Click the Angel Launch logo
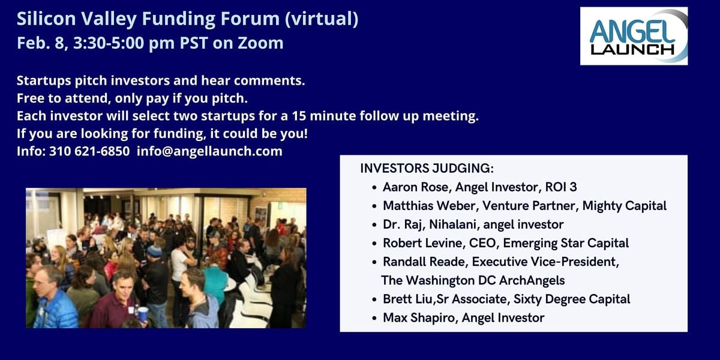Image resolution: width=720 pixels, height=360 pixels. (634, 36)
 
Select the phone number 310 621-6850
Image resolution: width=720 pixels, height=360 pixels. (89, 151)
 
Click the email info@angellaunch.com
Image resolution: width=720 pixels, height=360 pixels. (209, 151)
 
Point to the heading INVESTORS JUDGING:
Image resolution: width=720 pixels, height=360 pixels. (427, 169)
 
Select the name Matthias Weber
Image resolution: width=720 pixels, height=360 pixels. (429, 206)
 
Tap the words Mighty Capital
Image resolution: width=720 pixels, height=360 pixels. (625, 206)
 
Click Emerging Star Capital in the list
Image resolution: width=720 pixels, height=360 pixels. (566, 244)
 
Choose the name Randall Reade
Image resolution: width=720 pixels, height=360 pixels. (424, 262)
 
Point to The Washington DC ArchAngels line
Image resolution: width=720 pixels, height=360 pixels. (473, 281)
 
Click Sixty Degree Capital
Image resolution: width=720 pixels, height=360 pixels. (572, 299)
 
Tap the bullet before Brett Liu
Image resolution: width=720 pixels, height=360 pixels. (374, 300)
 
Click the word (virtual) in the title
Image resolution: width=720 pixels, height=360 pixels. (322, 19)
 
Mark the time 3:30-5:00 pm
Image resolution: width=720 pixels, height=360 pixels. (124, 43)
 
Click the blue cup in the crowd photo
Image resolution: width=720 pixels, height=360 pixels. (143, 314)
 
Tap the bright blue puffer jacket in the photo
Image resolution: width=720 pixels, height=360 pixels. (55, 310)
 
